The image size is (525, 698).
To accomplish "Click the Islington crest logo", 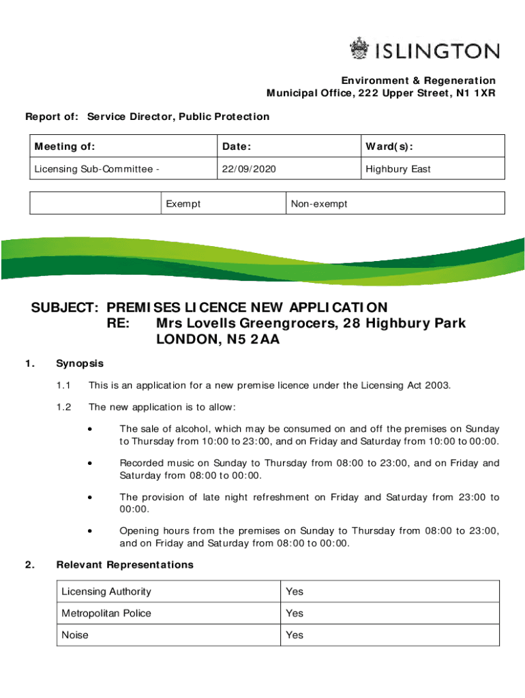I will [359, 49].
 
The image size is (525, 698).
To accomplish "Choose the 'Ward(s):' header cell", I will [389, 147].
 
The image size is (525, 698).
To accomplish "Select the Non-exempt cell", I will [319, 203].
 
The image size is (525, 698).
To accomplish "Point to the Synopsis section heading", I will [80, 363].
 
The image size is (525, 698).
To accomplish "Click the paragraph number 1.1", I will [64, 386].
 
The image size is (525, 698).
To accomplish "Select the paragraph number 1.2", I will [64, 408].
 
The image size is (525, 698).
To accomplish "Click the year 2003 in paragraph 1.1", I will [438, 386].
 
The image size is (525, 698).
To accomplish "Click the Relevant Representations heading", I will [125, 564].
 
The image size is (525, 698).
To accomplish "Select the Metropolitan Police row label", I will [106, 613].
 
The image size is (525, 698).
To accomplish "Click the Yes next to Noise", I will [295, 635].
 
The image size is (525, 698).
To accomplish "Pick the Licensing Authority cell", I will [106, 592].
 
